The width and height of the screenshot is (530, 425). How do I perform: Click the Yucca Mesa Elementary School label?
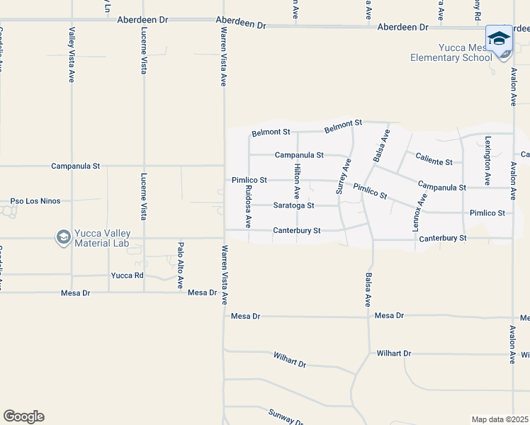(x=450, y=52)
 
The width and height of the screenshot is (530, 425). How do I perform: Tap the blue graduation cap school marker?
(x=499, y=38)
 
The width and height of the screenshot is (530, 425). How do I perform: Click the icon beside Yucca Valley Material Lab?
(x=63, y=237)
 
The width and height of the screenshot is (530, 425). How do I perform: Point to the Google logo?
(x=23, y=416)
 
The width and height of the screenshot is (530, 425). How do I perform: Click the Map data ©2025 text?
(x=500, y=419)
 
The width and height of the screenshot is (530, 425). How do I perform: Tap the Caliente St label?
(x=434, y=161)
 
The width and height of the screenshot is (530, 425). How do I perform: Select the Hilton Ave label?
(x=298, y=181)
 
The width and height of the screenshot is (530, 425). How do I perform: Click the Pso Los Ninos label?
(x=33, y=201)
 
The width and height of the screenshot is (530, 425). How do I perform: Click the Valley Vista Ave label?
(x=72, y=55)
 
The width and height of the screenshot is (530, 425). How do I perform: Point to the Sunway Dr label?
(x=286, y=417)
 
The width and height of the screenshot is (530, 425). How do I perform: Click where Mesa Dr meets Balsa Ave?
(x=368, y=317)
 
